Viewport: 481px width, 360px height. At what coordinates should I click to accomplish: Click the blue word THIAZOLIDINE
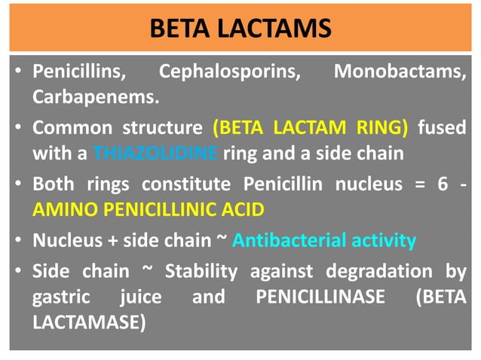pyautogui.click(x=157, y=153)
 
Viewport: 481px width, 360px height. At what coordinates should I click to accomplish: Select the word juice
pyautogui.click(x=141, y=297)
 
